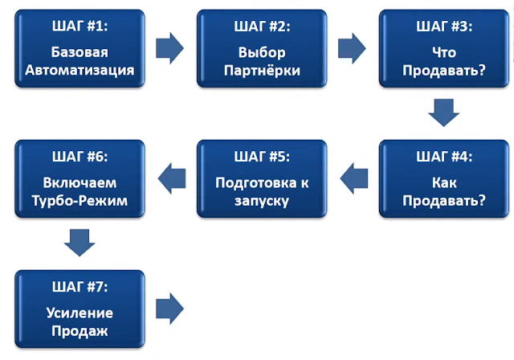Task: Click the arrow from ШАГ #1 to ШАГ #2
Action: coord(169,47)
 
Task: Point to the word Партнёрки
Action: coord(262,70)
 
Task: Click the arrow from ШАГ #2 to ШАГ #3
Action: coord(351,47)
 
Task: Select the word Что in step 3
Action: coord(443,54)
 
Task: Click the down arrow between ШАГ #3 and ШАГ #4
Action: coord(443,112)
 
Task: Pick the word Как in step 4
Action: coord(443,182)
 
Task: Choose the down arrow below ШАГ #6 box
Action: coord(80,241)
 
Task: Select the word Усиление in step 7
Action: coord(80,312)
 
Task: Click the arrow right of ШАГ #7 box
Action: coord(169,307)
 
